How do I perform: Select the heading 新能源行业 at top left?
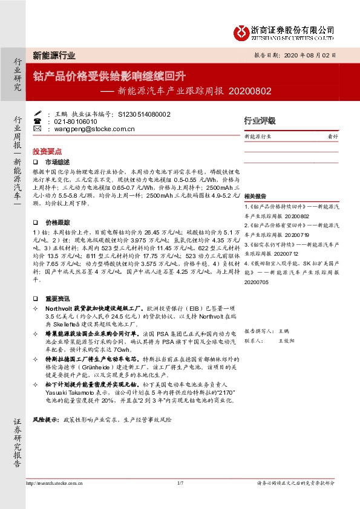point(54,55)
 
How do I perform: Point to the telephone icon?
point(38,121)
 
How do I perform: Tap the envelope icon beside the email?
point(38,129)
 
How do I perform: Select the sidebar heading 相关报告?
point(255,196)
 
